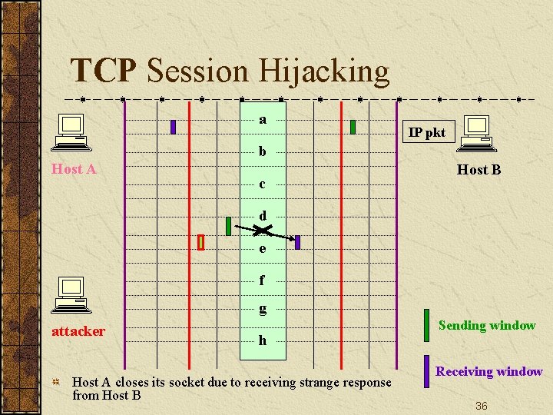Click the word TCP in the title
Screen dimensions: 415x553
[103, 71]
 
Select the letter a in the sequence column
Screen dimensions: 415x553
[263, 119]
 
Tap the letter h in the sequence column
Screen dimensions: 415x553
[263, 340]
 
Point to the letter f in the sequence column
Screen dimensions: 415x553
[262, 281]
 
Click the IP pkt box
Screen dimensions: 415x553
[426, 132]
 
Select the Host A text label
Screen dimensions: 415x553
[74, 169]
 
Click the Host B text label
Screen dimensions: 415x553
[478, 170]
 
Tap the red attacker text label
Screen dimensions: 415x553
[78, 331]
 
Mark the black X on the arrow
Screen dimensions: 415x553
[263, 231]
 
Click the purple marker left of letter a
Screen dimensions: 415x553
[174, 127]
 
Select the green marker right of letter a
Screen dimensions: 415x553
[353, 127]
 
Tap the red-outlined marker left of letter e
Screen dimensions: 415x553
[200, 242]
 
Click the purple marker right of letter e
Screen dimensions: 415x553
[297, 242]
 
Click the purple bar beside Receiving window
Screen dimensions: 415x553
[427, 370]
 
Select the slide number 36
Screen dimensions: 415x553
[481, 405]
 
